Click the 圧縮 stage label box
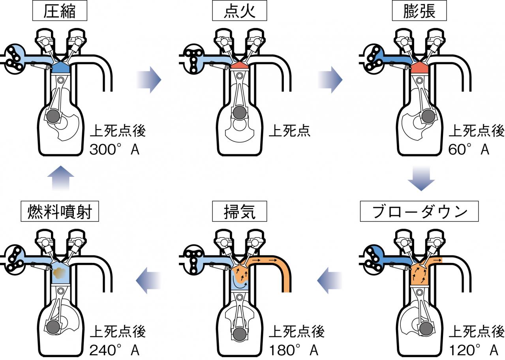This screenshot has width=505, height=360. click(59, 11)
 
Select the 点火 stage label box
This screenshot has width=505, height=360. click(240, 11)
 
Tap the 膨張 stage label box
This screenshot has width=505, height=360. click(419, 11)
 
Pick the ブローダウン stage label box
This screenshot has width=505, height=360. click(419, 212)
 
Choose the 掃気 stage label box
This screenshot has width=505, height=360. click(240, 212)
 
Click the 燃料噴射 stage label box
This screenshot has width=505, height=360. click(59, 212)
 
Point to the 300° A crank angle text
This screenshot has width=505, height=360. click(114, 150)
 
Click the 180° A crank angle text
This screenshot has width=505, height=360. click(294, 350)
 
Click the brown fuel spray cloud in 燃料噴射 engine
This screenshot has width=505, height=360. click(60, 272)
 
